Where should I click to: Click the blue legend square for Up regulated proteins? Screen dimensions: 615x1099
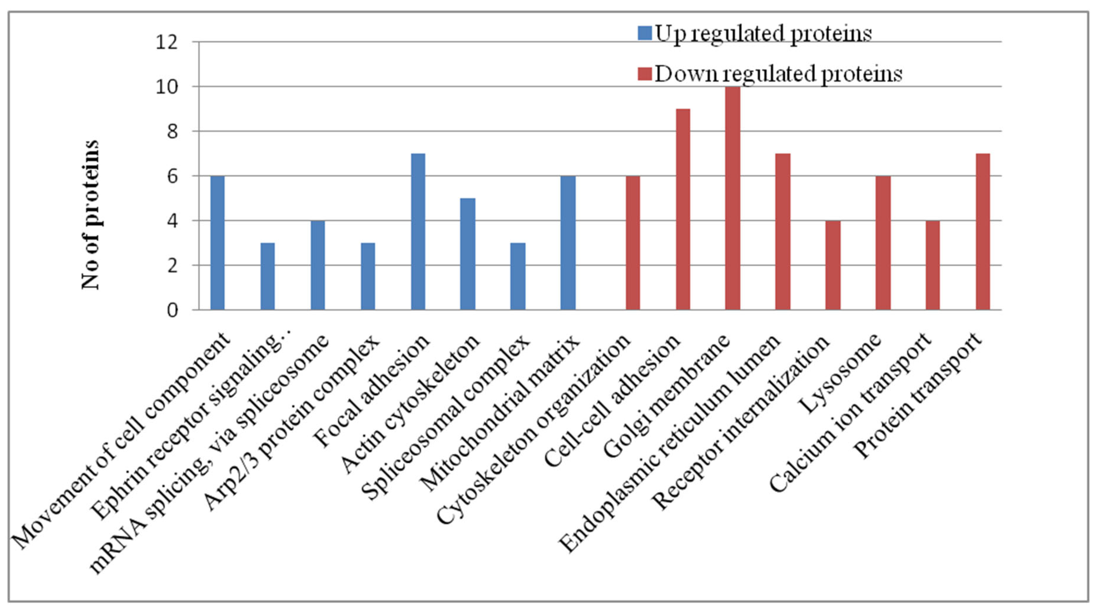pyautogui.click(x=645, y=33)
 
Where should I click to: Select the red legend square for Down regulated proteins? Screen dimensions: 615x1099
pyautogui.click(x=645, y=73)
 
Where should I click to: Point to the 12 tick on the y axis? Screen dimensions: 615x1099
pyautogui.click(x=166, y=42)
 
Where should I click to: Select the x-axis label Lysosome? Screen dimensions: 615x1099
pyautogui.click(x=839, y=373)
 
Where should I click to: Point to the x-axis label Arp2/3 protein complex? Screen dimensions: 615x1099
pyautogui.click(x=291, y=422)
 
